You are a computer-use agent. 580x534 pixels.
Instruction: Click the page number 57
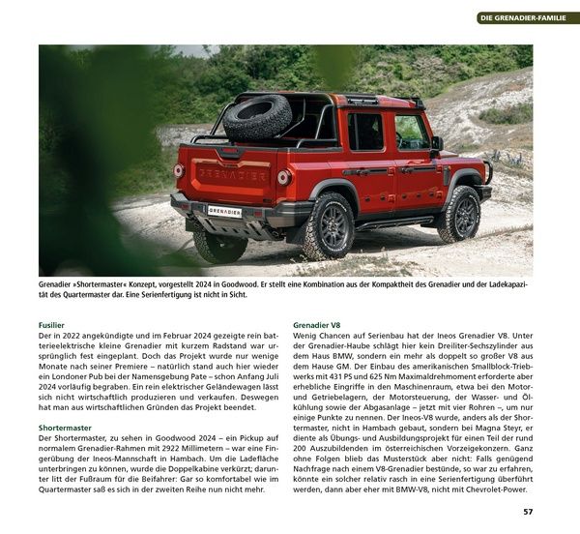[527, 512]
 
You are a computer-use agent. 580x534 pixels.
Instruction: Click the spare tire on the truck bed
[258, 117]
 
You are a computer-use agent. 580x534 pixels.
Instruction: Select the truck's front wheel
[458, 214]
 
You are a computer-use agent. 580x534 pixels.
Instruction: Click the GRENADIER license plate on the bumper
[225, 210]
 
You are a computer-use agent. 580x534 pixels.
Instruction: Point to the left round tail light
[179, 170]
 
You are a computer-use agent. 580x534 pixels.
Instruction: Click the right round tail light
[284, 178]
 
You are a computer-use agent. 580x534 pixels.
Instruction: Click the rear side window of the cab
[366, 133]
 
